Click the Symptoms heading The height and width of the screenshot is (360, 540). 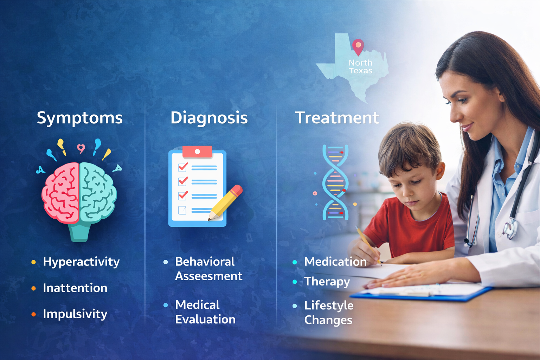[x=80, y=118]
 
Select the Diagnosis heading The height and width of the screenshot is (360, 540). [x=209, y=118]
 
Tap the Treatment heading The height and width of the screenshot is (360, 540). [x=337, y=118]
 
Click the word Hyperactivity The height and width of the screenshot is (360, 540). [x=81, y=262]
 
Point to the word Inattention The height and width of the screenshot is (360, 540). [x=75, y=288]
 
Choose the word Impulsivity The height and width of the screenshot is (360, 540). [x=75, y=314]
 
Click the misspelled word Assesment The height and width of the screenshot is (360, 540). [x=209, y=276]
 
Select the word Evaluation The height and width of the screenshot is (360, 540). [x=205, y=320]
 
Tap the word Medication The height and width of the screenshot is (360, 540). [x=335, y=262]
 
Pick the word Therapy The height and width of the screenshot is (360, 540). [x=327, y=282]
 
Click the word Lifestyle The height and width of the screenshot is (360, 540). [x=329, y=306]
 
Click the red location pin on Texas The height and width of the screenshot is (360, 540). [x=358, y=46]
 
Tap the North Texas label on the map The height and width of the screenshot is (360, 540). [x=360, y=67]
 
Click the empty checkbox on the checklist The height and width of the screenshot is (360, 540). [x=182, y=210]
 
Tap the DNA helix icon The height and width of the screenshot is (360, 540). [x=335, y=182]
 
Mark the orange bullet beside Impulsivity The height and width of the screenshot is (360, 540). [x=34, y=314]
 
